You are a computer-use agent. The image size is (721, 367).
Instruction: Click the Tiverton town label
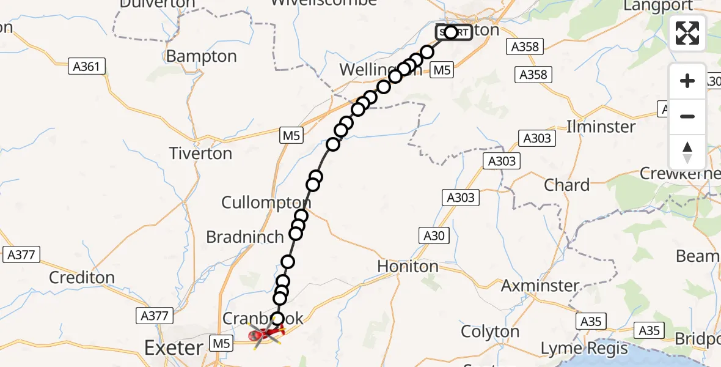click(200, 154)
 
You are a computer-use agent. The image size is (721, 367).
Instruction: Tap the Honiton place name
click(408, 267)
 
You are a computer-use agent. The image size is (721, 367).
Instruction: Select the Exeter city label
click(174, 349)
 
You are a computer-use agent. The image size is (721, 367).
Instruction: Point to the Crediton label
click(82, 278)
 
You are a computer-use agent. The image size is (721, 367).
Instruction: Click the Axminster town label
click(540, 286)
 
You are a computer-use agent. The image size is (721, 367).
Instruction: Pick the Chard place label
click(566, 185)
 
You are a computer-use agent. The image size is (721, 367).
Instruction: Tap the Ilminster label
click(601, 127)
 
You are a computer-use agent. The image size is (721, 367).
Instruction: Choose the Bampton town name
click(201, 56)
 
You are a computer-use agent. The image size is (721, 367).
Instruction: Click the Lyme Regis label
click(584, 349)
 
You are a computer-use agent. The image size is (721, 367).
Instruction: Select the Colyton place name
click(490, 332)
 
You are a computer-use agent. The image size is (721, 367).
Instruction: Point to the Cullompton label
click(266, 203)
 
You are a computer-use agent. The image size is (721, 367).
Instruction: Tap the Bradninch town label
click(245, 237)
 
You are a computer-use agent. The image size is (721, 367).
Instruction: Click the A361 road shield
click(86, 67)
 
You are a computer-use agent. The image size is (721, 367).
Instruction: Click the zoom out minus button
click(687, 116)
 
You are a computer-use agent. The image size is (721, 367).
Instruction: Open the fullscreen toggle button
click(687, 33)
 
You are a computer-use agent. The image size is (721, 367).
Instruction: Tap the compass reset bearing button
click(687, 152)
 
